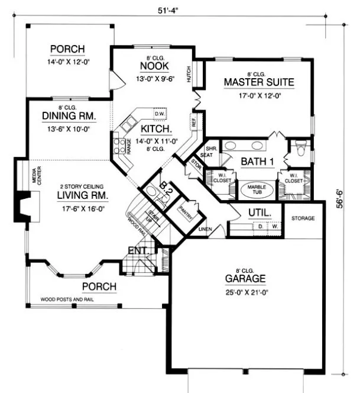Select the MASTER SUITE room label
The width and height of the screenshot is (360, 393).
(258, 82)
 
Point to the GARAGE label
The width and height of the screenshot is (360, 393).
(245, 278)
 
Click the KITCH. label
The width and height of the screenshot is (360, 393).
(155, 128)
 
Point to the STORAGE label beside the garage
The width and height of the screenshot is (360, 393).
(303, 218)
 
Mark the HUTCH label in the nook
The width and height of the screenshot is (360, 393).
(189, 75)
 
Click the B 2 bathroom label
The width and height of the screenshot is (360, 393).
(166, 189)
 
